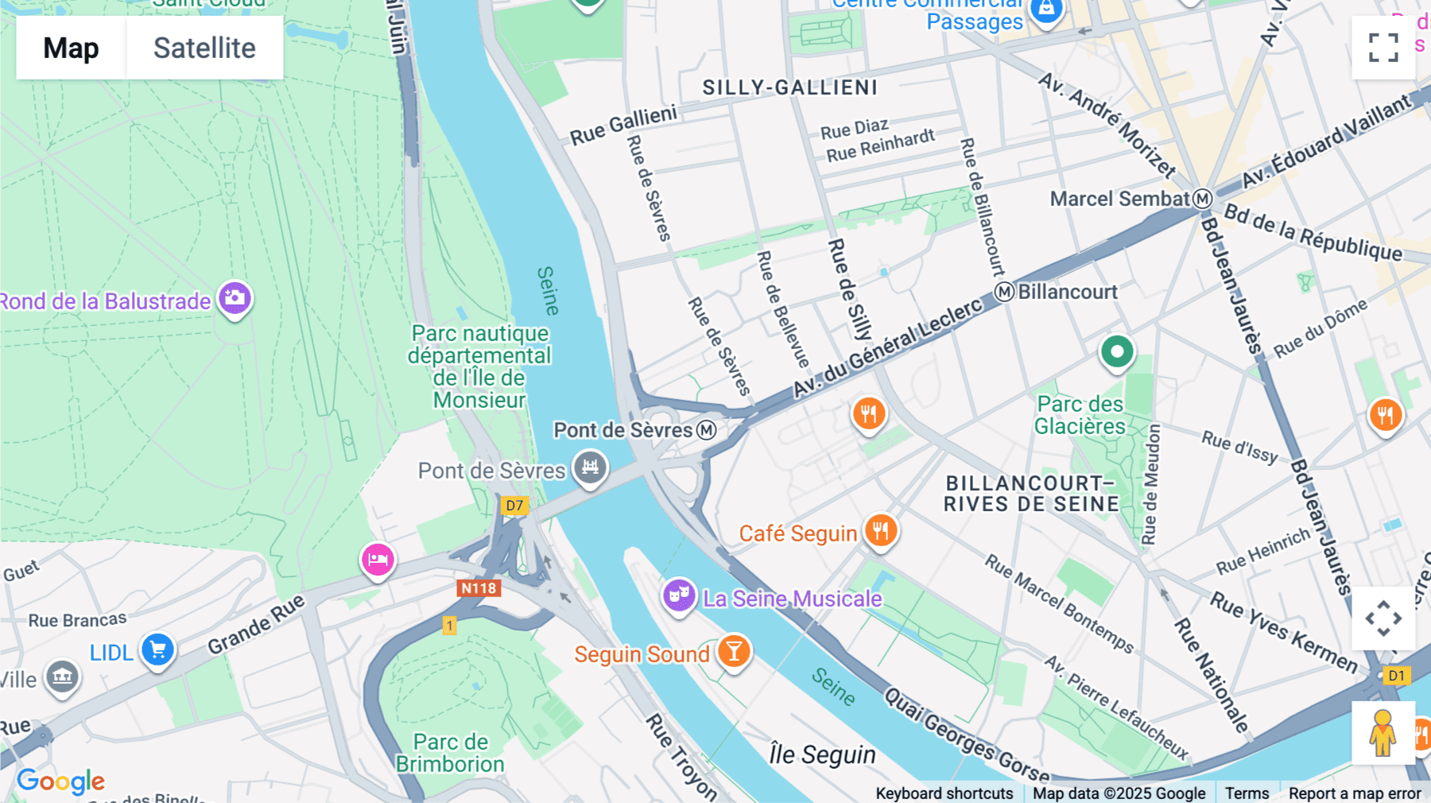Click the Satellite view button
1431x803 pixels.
204,48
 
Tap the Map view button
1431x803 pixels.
71,48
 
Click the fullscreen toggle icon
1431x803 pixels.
1383,48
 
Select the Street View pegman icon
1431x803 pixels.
1383,733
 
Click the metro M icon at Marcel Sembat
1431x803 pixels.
1203,199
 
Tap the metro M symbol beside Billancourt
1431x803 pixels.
1005,292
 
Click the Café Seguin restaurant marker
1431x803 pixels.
881,530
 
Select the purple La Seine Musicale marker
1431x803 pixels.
679,594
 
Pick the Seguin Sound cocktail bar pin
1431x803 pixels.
734,651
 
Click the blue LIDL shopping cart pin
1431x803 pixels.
157,650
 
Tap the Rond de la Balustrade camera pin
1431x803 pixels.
235,298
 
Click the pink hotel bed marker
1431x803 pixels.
378,559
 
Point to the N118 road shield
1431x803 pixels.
479,588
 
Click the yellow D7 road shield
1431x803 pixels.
514,505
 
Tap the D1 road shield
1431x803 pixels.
1396,676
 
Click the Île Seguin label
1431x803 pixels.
822,755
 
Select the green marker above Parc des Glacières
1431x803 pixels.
1116,351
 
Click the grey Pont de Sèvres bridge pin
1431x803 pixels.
590,467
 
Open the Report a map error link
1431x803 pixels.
1354,793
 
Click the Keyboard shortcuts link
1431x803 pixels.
944,793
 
